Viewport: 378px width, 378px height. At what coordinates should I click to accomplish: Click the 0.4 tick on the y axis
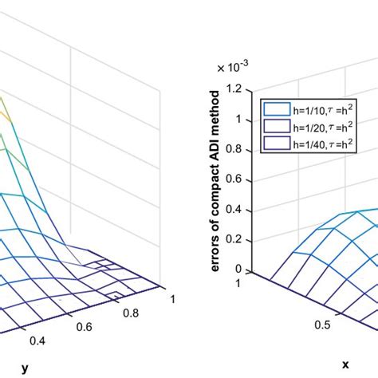37,341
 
